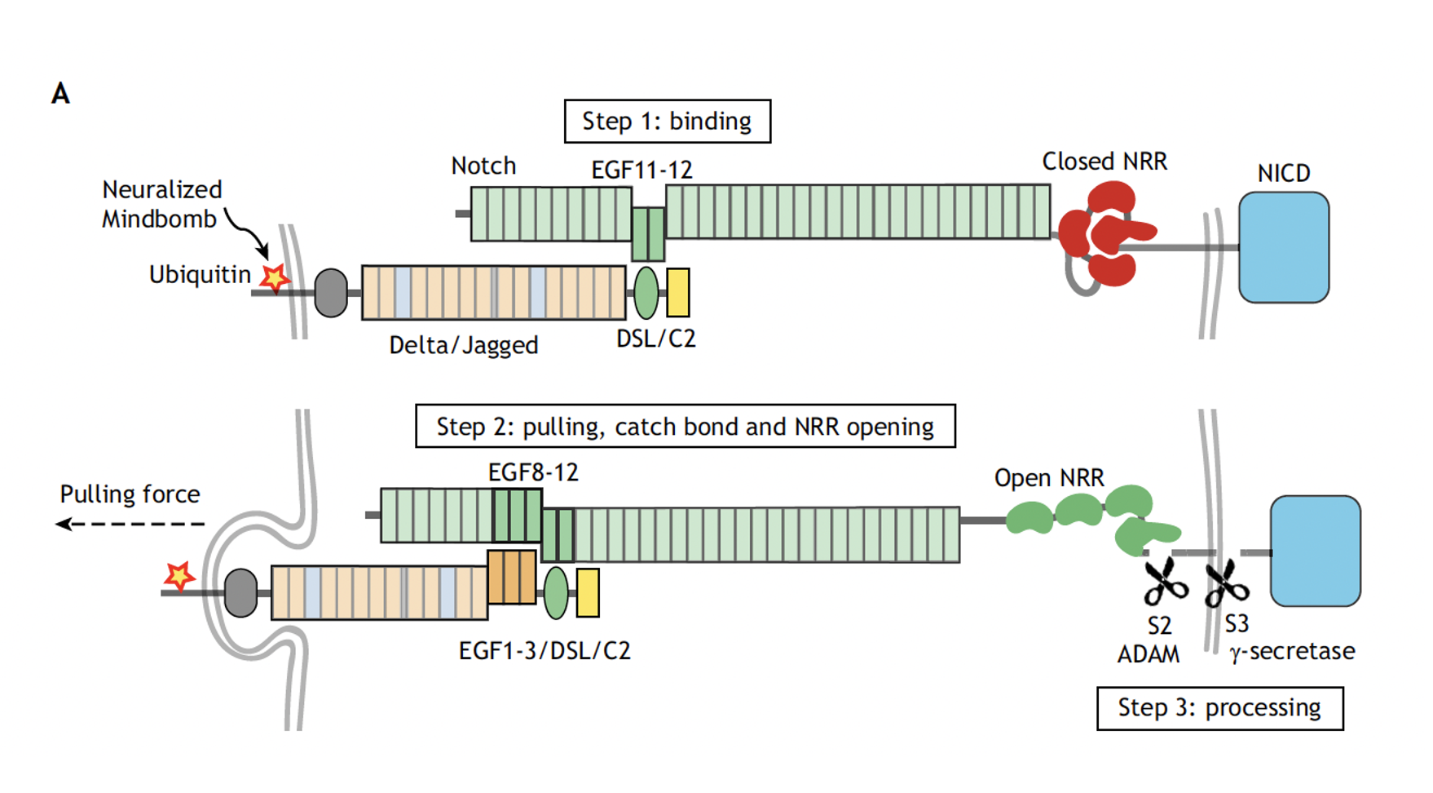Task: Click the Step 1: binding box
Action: click(x=667, y=122)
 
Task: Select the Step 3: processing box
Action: click(x=1219, y=708)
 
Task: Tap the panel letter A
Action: click(x=60, y=94)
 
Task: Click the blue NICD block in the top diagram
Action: click(x=1284, y=247)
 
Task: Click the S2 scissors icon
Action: click(x=1165, y=582)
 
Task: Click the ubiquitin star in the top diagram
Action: click(x=275, y=278)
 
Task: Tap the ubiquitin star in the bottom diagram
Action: click(x=179, y=576)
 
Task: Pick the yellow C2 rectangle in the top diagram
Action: click(x=678, y=292)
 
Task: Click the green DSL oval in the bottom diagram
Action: click(x=556, y=593)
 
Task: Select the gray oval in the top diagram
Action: click(x=331, y=293)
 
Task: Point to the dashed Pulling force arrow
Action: click(x=130, y=524)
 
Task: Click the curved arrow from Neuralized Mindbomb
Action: click(x=248, y=233)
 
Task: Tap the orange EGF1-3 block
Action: click(x=512, y=577)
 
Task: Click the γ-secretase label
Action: click(x=1292, y=652)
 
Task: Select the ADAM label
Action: click(x=1149, y=654)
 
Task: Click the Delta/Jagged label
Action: click(x=464, y=345)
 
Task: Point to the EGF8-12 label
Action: click(x=533, y=472)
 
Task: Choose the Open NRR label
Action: click(x=1049, y=477)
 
